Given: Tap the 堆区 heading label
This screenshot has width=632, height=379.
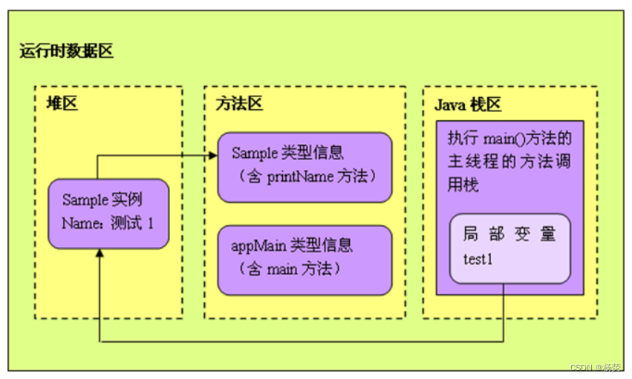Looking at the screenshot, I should [62, 104].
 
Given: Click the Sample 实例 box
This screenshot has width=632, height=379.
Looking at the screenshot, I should [108, 213].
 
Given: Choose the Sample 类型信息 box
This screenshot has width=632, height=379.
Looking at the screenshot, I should [304, 167].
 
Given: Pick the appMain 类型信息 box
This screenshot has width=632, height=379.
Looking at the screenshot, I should [304, 260].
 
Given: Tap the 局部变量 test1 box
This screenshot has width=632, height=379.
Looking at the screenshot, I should [509, 248].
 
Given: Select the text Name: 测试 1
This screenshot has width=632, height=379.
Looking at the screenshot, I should [108, 223].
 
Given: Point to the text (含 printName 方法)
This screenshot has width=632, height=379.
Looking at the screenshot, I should [304, 177].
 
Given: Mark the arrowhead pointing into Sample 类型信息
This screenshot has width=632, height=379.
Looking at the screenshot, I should [212, 155].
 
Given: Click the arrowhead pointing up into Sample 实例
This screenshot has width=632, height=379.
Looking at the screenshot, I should [99, 254].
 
